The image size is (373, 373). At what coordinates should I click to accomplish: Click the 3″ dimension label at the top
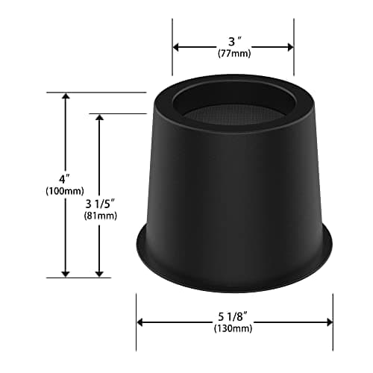(235, 41)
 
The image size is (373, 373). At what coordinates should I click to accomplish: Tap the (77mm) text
(234, 54)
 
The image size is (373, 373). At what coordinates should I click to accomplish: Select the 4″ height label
(64, 179)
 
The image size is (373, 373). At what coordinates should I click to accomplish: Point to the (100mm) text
(65, 191)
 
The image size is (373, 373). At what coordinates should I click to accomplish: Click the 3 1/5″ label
(100, 204)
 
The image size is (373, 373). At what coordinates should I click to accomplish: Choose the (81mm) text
(101, 216)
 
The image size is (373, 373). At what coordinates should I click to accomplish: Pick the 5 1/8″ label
(233, 316)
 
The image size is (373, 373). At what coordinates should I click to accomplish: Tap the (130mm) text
(233, 328)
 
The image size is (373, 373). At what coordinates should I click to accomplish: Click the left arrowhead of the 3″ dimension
(176, 47)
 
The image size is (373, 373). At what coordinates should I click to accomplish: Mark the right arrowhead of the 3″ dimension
(290, 47)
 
